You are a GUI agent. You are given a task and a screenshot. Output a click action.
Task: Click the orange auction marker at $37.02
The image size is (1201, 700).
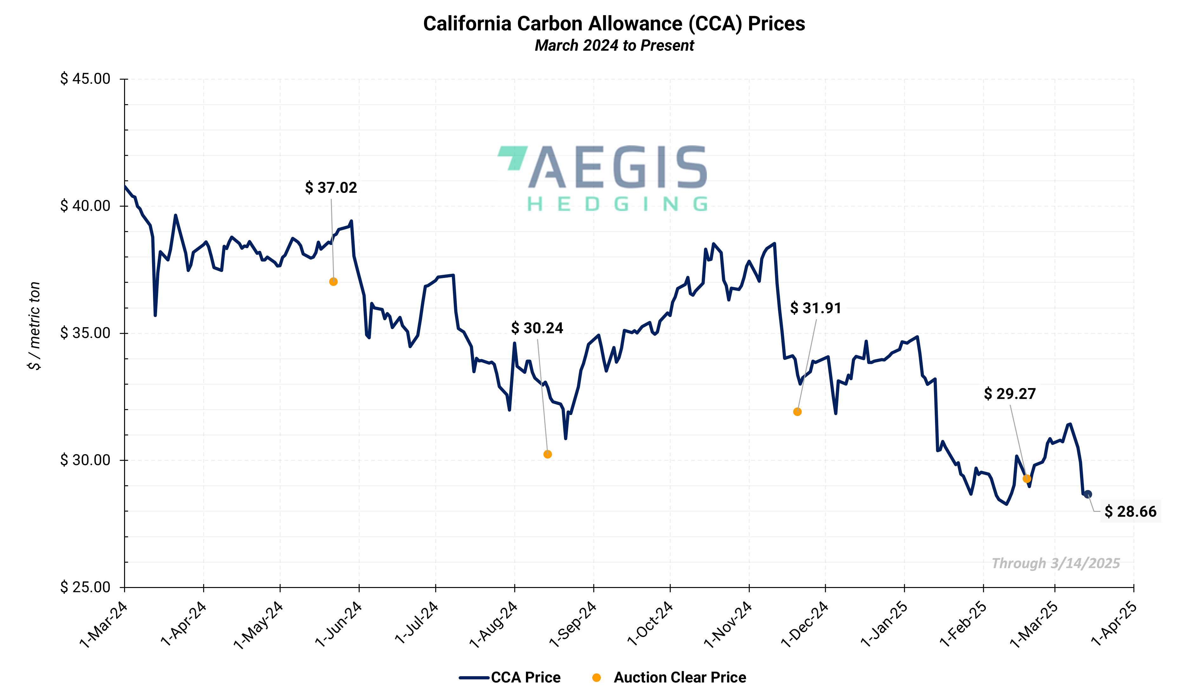[333, 282]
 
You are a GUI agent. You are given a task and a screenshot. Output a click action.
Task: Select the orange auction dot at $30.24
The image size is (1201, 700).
[547, 454]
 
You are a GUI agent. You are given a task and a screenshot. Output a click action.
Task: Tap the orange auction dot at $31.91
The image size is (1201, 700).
[797, 412]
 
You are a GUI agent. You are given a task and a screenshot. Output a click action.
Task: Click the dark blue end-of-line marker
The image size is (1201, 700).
[1088, 494]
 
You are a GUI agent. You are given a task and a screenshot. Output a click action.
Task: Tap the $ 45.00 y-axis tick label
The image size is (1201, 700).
[85, 79]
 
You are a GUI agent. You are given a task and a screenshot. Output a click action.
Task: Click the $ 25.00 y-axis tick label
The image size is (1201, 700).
[85, 587]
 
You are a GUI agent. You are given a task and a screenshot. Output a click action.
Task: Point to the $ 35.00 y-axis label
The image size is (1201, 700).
[85, 333]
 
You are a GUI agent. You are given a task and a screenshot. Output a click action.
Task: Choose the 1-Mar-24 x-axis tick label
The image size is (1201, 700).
[104, 625]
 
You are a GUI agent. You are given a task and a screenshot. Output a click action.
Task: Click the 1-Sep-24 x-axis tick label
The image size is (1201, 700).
[573, 625]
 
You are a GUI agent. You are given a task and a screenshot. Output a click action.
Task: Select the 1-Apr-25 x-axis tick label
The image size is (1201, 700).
[1113, 625]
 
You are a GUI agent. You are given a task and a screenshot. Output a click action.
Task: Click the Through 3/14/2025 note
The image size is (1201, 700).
[1056, 563]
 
